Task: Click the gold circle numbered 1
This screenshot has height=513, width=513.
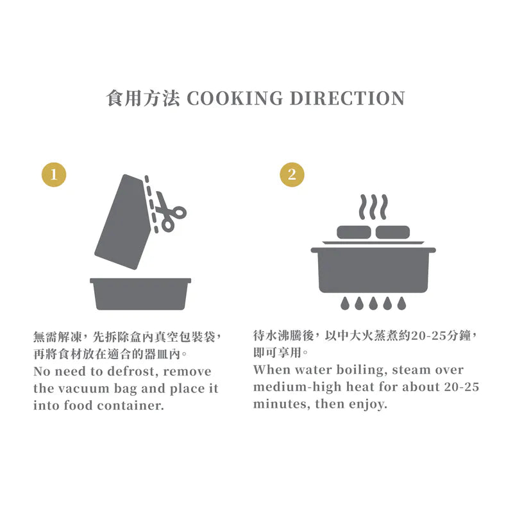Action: pos(54,174)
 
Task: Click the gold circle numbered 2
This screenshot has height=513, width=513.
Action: pos(292,174)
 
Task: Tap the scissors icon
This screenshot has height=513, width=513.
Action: pos(169,212)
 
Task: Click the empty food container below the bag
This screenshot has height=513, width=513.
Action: pos(140,294)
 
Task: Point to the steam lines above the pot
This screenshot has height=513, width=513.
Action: pos(373,207)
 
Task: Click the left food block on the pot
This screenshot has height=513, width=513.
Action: pos(354,232)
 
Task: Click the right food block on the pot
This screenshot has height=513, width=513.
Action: pos(392,232)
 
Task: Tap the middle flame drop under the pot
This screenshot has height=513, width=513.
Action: pos(373,303)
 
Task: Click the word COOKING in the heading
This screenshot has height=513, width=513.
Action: pos(235,98)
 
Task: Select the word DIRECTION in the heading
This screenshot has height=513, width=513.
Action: pos(348,98)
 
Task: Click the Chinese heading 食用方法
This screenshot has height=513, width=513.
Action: pos(143,98)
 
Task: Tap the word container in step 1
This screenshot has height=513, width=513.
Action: pos(131,406)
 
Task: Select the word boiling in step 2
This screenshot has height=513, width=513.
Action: pos(360,370)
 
